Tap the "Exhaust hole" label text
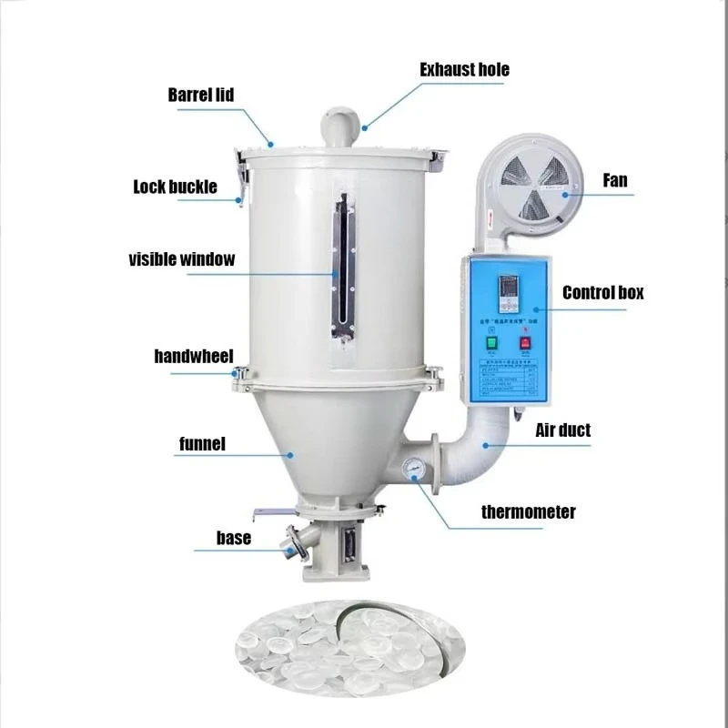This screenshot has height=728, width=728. (x=464, y=70)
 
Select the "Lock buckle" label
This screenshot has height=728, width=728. (x=175, y=187)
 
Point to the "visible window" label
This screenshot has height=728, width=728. (x=181, y=259)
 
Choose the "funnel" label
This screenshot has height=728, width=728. (x=202, y=445)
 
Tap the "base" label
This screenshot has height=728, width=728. (x=233, y=539)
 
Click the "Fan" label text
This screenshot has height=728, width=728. (x=615, y=181)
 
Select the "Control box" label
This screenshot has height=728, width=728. (x=602, y=293)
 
